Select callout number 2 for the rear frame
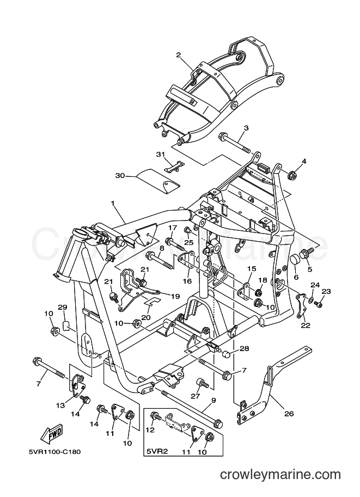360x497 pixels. pyautogui.click(x=187, y=55)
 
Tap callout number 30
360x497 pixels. pyautogui.click(x=120, y=175)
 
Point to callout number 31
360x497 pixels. pyautogui.click(x=161, y=155)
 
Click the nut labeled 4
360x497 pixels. pyautogui.click(x=292, y=175)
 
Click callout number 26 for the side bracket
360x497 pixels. pyautogui.click(x=289, y=413)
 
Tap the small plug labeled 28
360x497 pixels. pyautogui.click(x=225, y=354)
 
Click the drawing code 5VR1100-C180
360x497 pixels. pyautogui.click(x=53, y=452)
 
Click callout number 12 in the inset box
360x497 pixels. pyautogui.click(x=150, y=430)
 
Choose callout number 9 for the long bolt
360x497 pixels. pyautogui.click(x=213, y=400)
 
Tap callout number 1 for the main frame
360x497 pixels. pyautogui.click(x=112, y=203)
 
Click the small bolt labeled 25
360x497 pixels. pyautogui.click(x=188, y=230)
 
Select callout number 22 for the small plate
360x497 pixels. pyautogui.click(x=307, y=325)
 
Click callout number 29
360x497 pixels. pyautogui.click(x=63, y=307)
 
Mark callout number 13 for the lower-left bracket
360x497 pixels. pyautogui.click(x=60, y=405)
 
